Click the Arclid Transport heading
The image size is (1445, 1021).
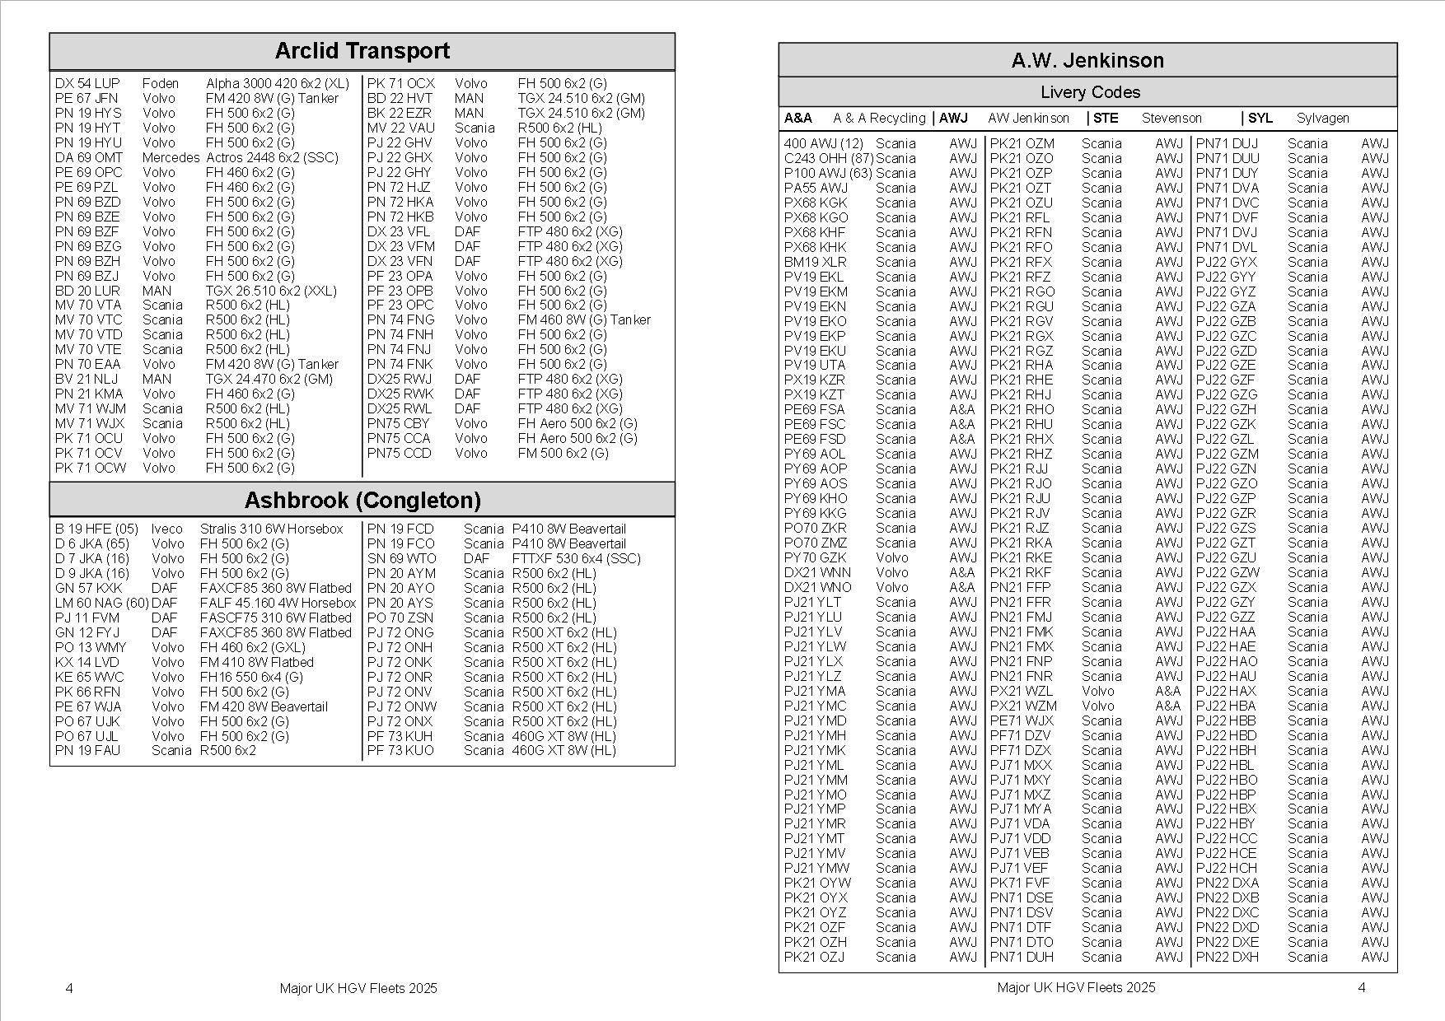point(362,51)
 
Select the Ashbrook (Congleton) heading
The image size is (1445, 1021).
point(362,501)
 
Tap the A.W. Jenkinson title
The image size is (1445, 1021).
point(1087,60)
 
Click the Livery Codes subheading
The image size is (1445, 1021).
point(1089,92)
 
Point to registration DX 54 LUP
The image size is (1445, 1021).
point(87,83)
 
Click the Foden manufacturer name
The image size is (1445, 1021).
point(160,83)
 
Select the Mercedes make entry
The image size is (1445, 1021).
point(171,157)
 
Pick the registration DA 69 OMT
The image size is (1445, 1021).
point(88,157)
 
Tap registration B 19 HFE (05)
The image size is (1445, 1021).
point(96,529)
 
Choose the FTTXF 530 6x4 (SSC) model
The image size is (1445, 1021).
point(576,558)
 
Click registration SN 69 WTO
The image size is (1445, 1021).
point(401,558)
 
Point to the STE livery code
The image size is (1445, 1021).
point(1106,118)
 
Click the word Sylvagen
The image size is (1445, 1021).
point(1322,118)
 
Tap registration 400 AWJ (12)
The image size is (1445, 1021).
point(823,143)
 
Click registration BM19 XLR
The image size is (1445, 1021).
point(815,262)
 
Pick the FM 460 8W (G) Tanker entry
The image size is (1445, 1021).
point(584,319)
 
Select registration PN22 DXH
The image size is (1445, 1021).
point(1227,957)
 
